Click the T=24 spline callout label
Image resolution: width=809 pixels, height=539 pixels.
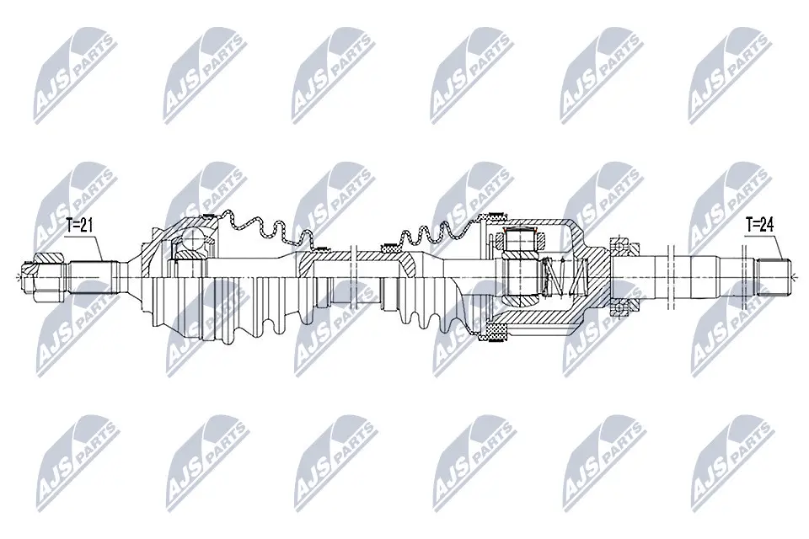pos(760,225)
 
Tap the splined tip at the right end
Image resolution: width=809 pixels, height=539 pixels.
pos(774,273)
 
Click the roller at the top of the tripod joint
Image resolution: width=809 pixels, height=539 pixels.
pos(519,240)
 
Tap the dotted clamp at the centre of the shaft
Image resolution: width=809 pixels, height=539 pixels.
pos(389,248)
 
